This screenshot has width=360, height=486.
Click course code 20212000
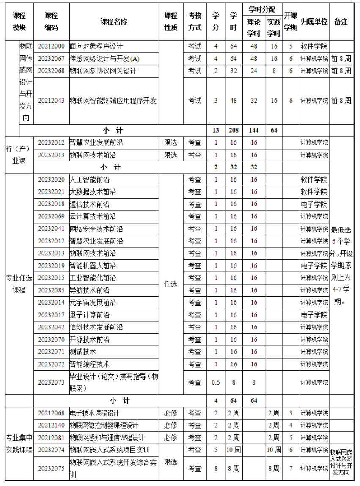click(x=51, y=46)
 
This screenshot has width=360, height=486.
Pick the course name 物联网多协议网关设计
click(x=103, y=71)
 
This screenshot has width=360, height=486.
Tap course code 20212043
click(x=51, y=101)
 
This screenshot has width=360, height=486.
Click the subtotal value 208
click(x=233, y=131)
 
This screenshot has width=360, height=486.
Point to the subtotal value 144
click(x=253, y=131)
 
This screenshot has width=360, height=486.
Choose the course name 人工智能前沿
click(x=90, y=180)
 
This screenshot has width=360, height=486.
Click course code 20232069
click(x=51, y=216)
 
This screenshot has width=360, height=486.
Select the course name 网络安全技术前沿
click(x=96, y=229)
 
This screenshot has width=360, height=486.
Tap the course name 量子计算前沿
click(x=90, y=315)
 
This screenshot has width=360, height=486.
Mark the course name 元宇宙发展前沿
click(x=93, y=303)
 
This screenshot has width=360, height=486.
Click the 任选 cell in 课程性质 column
click(x=170, y=284)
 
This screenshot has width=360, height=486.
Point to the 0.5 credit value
click(x=216, y=382)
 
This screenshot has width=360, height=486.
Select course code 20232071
click(x=51, y=352)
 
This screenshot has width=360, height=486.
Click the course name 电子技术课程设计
click(x=95, y=413)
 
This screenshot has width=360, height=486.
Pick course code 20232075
click(x=51, y=468)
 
